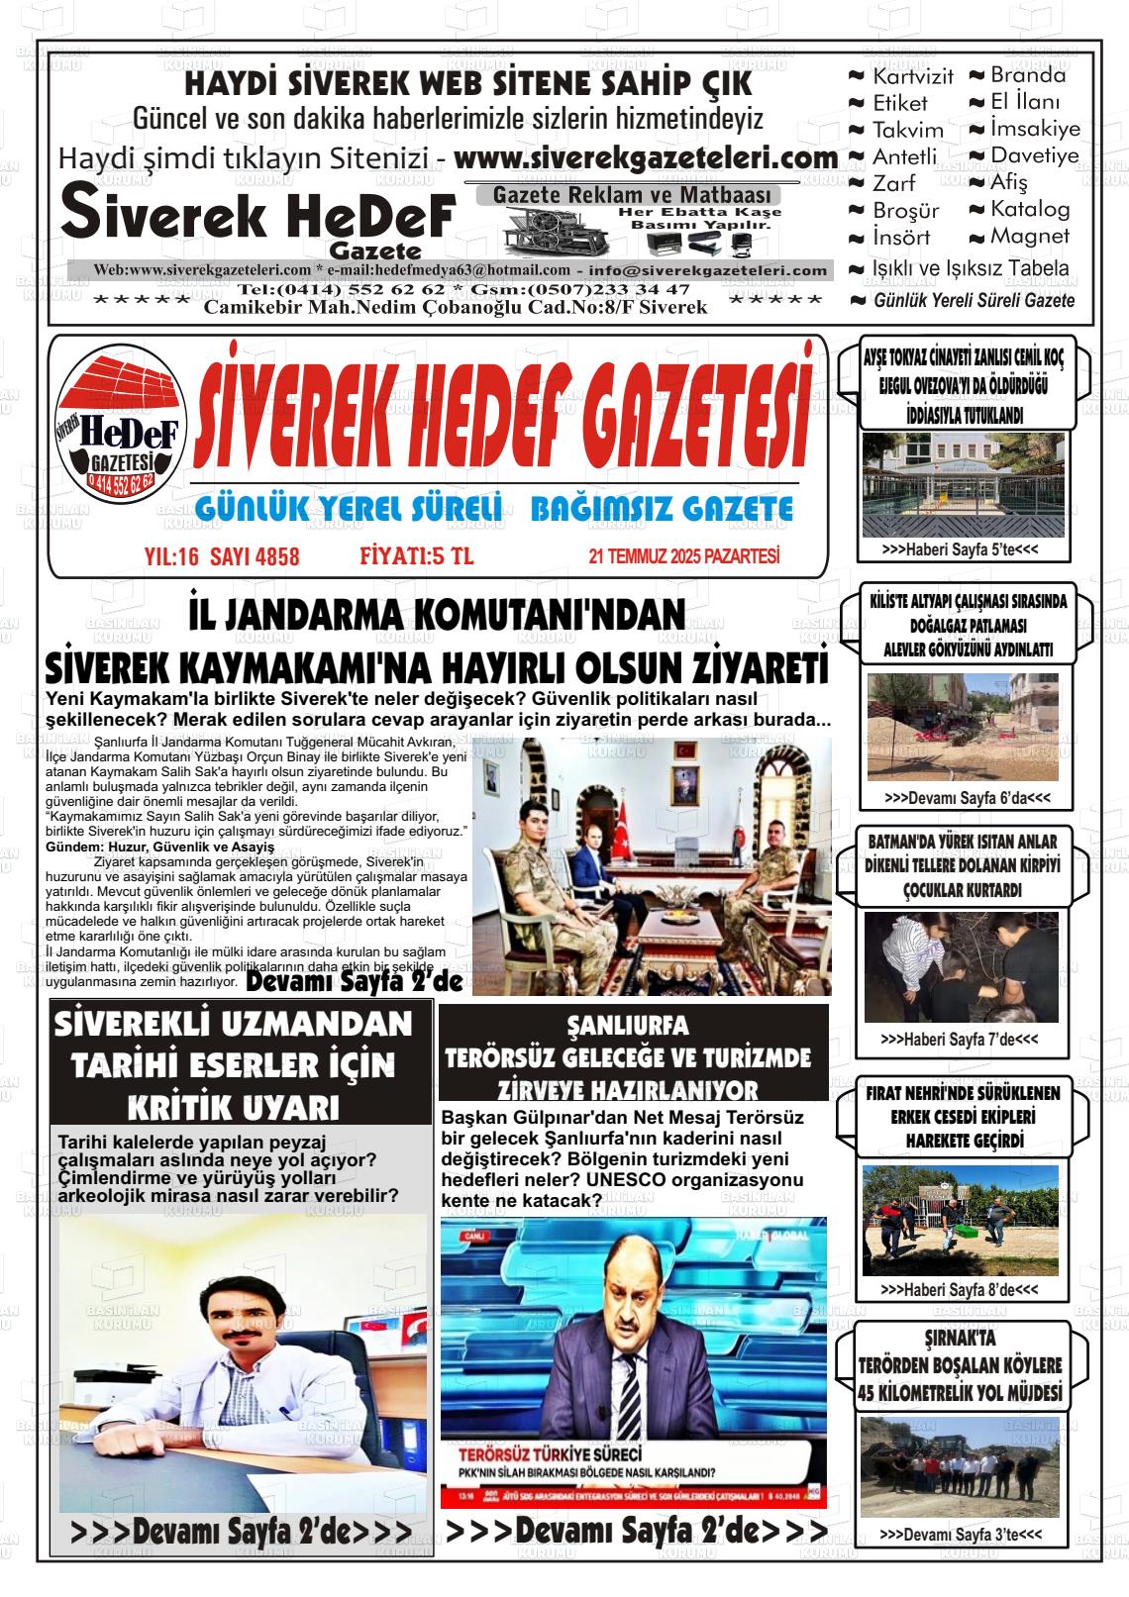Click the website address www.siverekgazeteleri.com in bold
point(646,158)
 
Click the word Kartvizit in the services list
point(912,76)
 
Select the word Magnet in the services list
point(1030,237)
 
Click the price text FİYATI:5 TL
point(417,557)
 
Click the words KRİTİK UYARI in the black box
point(235,1106)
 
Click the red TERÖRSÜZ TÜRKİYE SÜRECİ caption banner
point(550,1454)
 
